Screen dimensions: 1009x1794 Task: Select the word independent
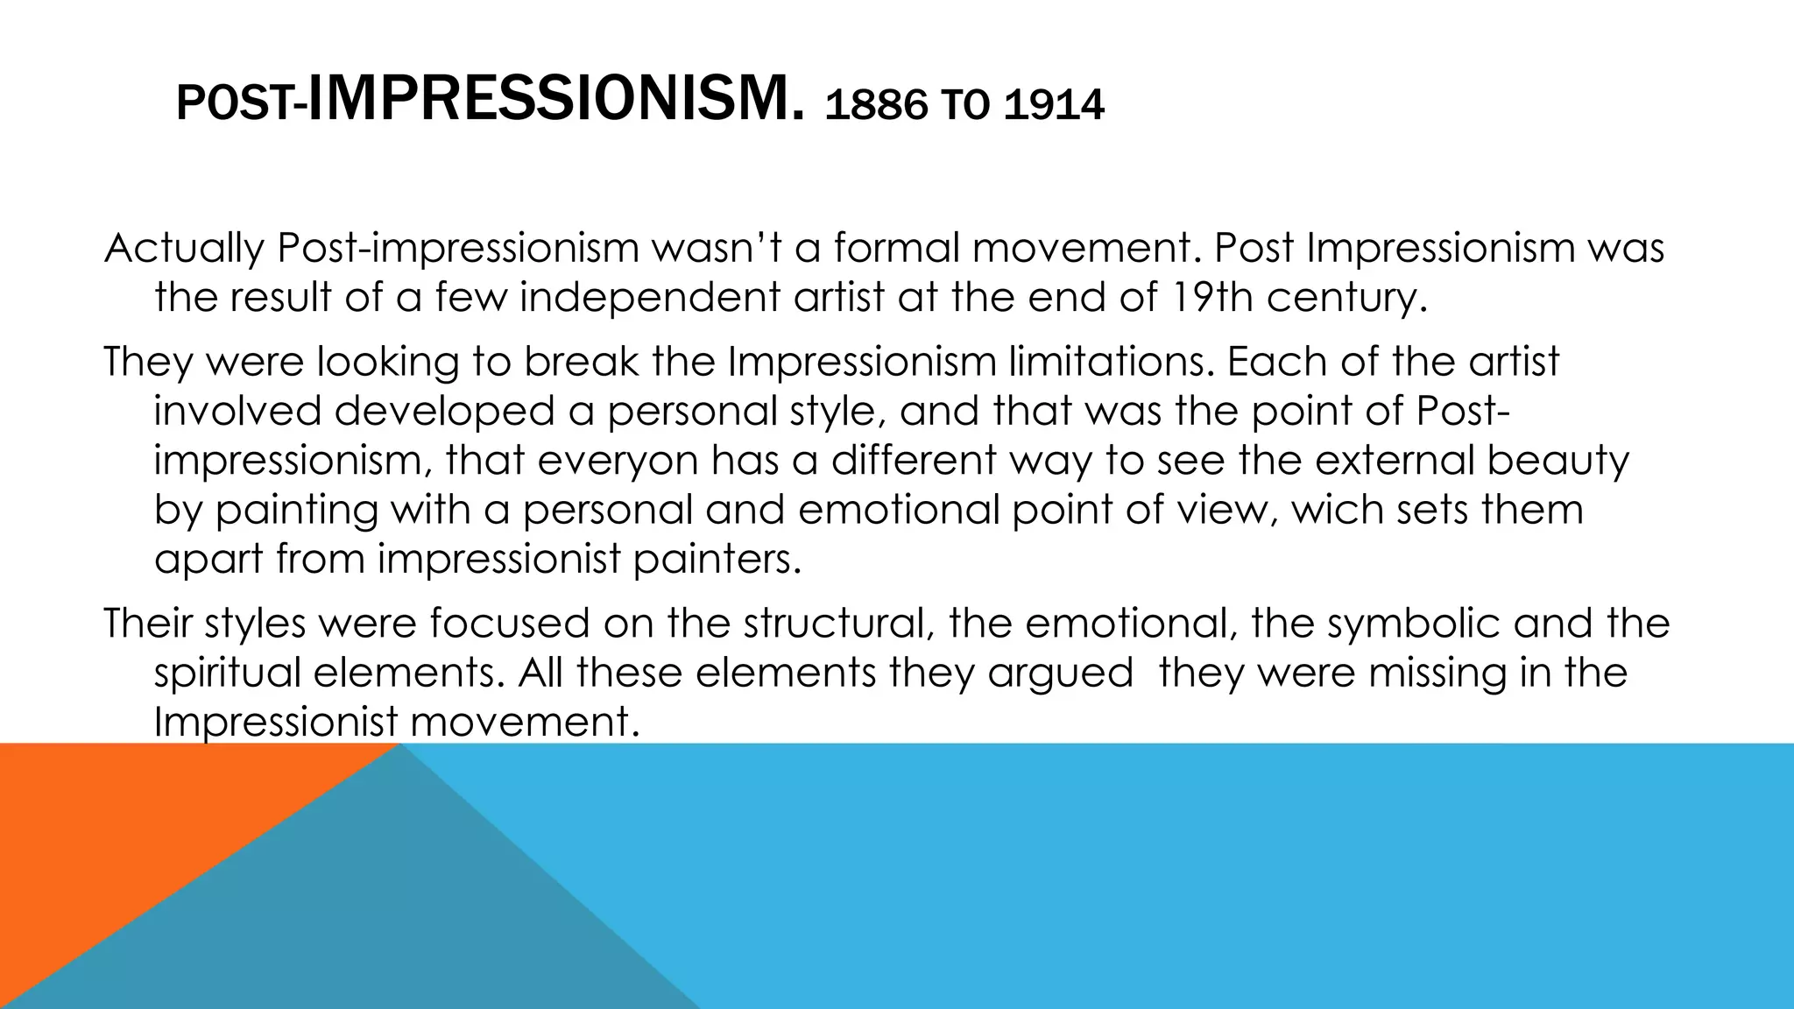click(x=651, y=299)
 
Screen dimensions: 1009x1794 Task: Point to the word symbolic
click(x=1375, y=624)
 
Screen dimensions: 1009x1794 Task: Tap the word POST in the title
click(x=236, y=107)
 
